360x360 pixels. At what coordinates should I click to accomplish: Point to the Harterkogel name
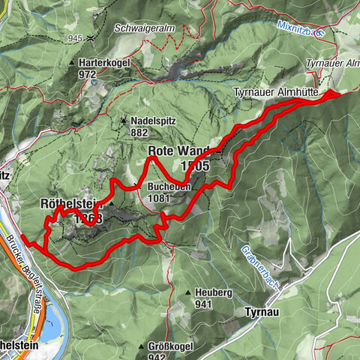click(103, 63)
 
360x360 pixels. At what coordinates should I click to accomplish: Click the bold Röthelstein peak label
click(70, 204)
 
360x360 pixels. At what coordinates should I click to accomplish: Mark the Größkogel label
click(165, 347)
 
